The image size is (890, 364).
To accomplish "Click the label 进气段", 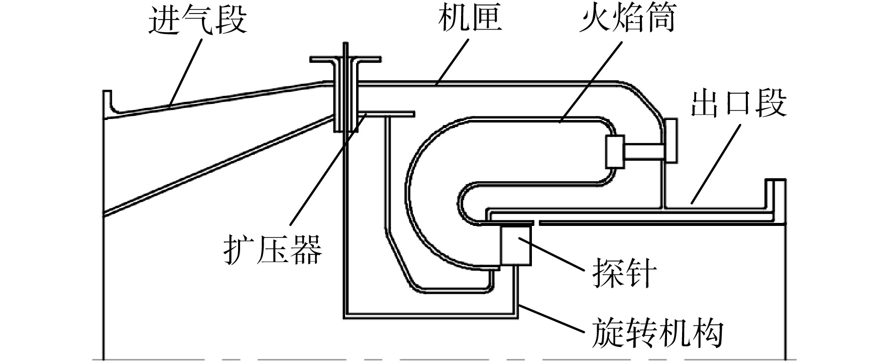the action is tap(198, 21).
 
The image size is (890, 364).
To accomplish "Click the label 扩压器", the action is tap(273, 249).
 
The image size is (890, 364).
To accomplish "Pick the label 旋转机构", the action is tap(657, 333).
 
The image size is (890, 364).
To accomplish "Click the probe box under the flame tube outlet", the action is tap(516, 245).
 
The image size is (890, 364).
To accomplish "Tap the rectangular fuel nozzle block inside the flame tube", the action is tap(615, 151).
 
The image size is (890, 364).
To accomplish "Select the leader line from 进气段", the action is tap(186, 70).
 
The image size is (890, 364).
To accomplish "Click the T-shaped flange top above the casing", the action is tap(345, 60).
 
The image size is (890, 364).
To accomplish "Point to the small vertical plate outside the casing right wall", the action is tap(671, 141).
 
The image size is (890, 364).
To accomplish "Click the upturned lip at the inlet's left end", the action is tap(107, 102).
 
